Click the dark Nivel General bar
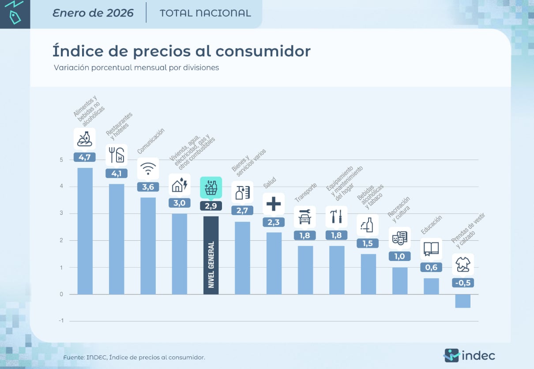(x=211, y=255)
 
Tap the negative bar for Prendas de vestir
(x=463, y=301)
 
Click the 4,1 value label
(x=117, y=174)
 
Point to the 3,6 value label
(x=148, y=187)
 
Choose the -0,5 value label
(x=463, y=283)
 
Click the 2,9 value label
(x=211, y=206)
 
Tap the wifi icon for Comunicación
(x=148, y=169)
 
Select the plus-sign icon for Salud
(x=274, y=204)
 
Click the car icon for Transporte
(x=305, y=217)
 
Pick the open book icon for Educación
(x=431, y=249)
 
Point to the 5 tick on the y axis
(x=61, y=160)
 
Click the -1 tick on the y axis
(x=61, y=321)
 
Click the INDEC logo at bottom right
(x=469, y=355)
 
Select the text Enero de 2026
(x=93, y=13)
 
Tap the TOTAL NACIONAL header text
(x=205, y=13)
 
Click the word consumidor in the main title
(x=263, y=51)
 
